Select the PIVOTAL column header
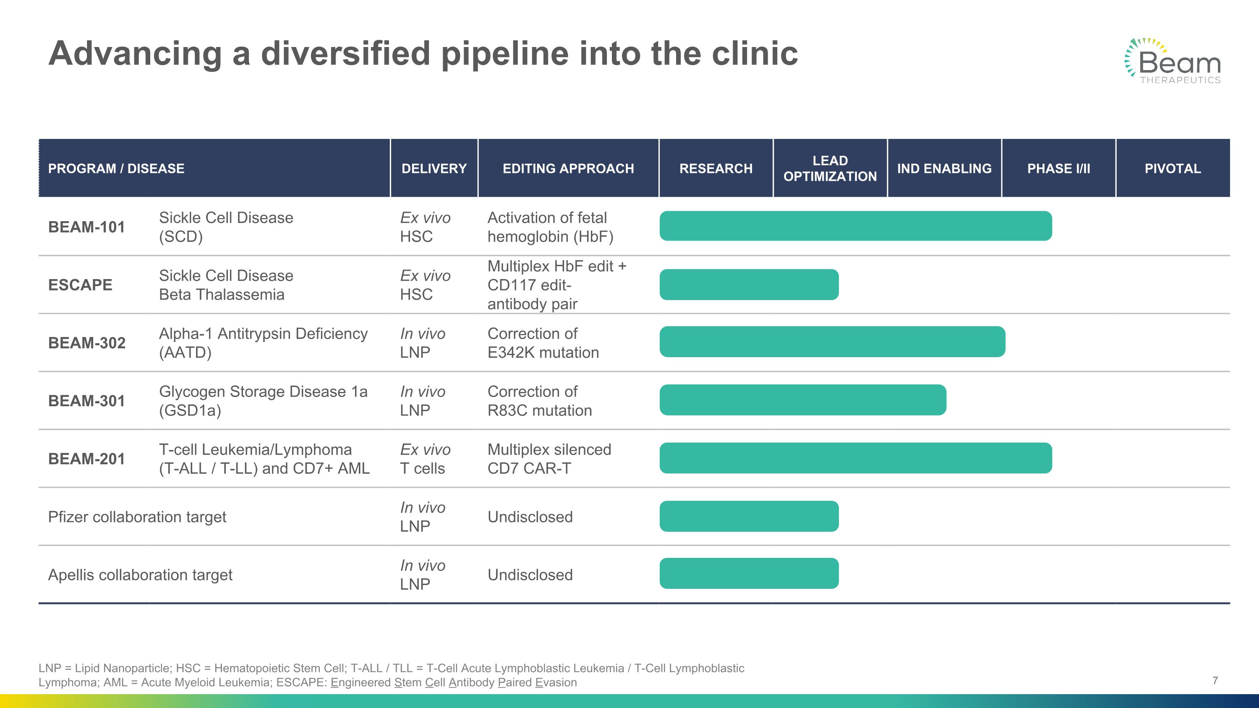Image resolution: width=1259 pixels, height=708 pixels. [1172, 169]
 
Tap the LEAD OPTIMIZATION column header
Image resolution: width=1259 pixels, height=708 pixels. [830, 169]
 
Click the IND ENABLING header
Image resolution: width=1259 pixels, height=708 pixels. [944, 169]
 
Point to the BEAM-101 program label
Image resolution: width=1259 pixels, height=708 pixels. [86, 227]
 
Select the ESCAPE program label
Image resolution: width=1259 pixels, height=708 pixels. [80, 285]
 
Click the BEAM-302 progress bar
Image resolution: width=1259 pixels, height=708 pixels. [832, 342]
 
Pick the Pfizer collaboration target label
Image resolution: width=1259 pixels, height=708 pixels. [137, 517]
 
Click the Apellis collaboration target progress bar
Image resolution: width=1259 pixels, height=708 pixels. [749, 574]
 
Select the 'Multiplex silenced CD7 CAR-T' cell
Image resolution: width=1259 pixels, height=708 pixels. [549, 459]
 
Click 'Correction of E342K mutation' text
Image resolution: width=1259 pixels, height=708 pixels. [543, 343]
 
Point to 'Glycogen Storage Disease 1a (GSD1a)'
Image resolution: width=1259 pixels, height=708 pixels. [263, 401]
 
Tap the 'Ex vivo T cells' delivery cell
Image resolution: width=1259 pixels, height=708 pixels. [425, 459]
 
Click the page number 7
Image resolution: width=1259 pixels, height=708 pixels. [1215, 681]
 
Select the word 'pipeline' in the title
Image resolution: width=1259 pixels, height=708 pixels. [504, 54]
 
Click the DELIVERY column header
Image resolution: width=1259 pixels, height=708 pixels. [434, 169]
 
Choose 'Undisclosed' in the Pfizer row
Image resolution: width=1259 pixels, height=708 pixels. [530, 517]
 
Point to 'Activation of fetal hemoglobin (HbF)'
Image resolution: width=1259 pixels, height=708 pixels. [550, 227]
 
